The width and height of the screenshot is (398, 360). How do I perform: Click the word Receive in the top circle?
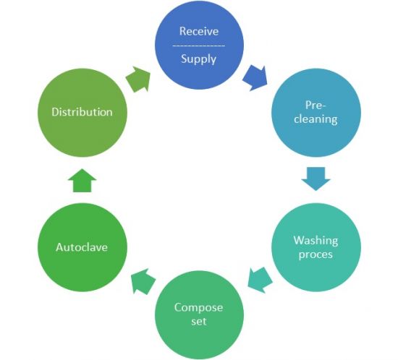[x=199, y=31]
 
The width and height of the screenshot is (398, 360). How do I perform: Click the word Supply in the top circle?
[x=198, y=59]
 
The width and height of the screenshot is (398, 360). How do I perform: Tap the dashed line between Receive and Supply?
[x=199, y=46]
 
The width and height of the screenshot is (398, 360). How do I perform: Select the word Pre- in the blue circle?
[x=316, y=106]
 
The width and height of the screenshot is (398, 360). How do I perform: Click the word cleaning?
[x=316, y=119]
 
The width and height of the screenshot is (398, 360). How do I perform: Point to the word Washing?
[x=316, y=240]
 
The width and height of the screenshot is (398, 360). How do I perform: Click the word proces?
[x=316, y=254]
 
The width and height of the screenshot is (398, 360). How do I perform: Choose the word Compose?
[x=198, y=308]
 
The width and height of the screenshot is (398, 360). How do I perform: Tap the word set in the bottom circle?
[x=199, y=322]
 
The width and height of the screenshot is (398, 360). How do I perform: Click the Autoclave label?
[x=82, y=247]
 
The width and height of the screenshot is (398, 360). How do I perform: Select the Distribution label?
[x=82, y=112]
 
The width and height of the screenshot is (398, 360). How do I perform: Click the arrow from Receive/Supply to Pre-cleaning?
[x=255, y=77]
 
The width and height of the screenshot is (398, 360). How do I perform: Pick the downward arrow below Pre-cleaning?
[x=316, y=179]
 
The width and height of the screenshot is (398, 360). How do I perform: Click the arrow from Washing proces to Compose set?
[x=260, y=280]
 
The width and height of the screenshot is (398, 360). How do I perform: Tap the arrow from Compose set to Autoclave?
[x=143, y=281]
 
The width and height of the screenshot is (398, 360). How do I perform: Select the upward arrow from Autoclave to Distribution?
[x=82, y=181]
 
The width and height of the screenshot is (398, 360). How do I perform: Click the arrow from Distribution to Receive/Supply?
[x=138, y=80]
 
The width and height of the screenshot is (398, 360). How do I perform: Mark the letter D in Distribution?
[x=55, y=112]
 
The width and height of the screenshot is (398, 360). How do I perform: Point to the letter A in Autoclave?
[x=60, y=247]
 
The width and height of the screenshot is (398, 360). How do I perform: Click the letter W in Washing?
[x=300, y=240]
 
